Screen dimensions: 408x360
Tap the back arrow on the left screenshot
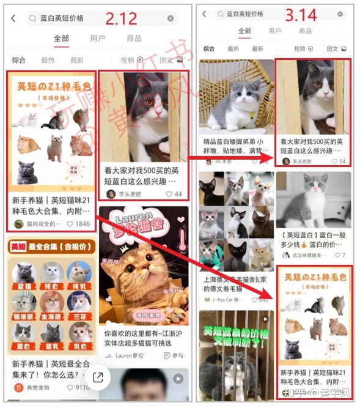coord(13,18)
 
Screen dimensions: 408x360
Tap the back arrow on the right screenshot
coord(204,13)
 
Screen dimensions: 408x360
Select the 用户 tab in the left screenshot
coord(97,39)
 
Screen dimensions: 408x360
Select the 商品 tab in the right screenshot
coord(305,31)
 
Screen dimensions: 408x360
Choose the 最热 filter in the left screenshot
coord(48,60)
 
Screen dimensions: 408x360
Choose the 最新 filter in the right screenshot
coord(257,48)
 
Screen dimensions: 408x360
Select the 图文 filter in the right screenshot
coord(336,48)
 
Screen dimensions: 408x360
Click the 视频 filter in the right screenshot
coord(303,48)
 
